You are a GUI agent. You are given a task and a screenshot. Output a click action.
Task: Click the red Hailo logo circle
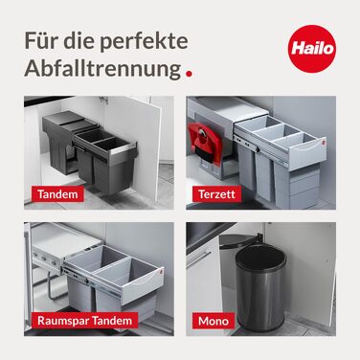click(x=312, y=49)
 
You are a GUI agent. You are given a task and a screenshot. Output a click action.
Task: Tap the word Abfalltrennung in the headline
click(x=102, y=69)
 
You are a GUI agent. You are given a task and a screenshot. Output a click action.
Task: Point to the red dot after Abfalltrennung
click(x=189, y=74)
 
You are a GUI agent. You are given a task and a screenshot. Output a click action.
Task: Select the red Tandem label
click(x=57, y=194)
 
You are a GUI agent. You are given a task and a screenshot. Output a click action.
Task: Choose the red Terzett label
click(x=216, y=194)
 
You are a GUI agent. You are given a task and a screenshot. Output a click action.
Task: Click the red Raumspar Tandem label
click(x=84, y=321)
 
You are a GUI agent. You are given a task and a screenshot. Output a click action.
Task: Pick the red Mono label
click(x=214, y=321)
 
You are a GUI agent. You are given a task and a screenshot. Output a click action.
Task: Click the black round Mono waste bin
click(x=260, y=288)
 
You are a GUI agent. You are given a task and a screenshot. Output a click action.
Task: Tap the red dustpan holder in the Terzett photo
click(x=205, y=144)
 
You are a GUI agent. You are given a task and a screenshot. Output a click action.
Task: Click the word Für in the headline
click(x=35, y=40)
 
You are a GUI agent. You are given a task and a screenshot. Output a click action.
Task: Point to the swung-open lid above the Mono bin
click(x=238, y=241)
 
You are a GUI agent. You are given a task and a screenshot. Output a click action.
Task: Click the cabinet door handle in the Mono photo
click(x=199, y=259)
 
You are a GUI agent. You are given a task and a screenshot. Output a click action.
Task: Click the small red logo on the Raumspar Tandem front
click(x=160, y=271)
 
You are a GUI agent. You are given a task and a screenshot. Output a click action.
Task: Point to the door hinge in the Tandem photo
click(x=103, y=101)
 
